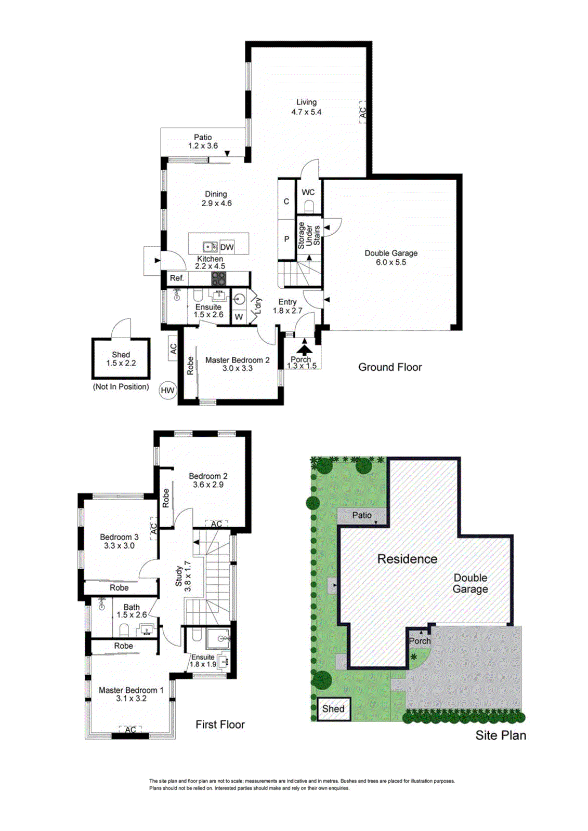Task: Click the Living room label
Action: (x=306, y=107)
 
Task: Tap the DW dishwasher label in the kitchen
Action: (x=227, y=247)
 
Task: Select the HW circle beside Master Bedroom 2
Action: (x=167, y=390)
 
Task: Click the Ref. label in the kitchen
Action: (x=177, y=278)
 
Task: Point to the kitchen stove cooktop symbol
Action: (x=219, y=279)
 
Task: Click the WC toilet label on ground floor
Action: (x=308, y=192)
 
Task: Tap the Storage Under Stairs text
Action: (x=309, y=235)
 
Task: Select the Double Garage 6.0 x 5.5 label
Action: (x=391, y=258)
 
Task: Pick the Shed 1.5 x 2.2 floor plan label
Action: (x=121, y=359)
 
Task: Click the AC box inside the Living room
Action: (x=363, y=112)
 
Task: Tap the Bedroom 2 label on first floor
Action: (x=208, y=480)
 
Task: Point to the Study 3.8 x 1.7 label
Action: (x=183, y=576)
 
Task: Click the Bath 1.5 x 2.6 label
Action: (x=132, y=611)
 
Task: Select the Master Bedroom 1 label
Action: (x=131, y=694)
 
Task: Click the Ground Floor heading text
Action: (x=390, y=367)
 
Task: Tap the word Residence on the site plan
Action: (x=407, y=559)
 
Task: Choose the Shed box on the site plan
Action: (x=333, y=708)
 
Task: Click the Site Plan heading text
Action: (x=500, y=735)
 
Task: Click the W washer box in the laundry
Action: (x=239, y=317)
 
